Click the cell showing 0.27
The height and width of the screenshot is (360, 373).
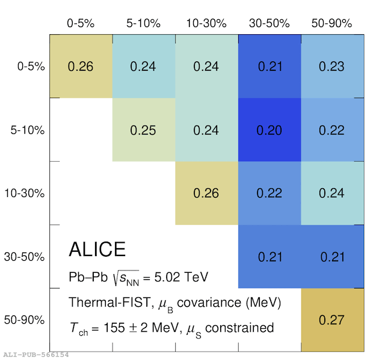click(332, 320)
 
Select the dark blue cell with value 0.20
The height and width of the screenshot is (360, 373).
click(270, 130)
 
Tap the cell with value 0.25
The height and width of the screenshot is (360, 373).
click(144, 130)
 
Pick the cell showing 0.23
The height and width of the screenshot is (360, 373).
click(332, 66)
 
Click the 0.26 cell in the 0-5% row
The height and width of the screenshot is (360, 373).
click(81, 66)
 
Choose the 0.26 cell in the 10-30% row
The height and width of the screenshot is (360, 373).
click(207, 193)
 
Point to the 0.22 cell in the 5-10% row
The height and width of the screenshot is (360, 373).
click(332, 130)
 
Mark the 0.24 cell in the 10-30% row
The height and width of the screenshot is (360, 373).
click(332, 193)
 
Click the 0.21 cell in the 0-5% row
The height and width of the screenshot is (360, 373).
click(270, 66)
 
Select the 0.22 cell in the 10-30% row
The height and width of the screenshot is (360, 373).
click(270, 193)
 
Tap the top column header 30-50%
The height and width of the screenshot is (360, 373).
click(270, 23)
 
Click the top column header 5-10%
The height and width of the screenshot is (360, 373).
click(143, 23)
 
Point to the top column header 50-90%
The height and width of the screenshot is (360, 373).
click(332, 23)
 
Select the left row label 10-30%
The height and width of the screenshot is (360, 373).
click(25, 193)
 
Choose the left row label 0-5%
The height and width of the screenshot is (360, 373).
click(31, 66)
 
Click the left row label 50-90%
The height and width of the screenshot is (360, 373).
click(24, 320)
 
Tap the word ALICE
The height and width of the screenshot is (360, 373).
click(97, 249)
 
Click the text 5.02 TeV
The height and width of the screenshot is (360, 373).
click(181, 277)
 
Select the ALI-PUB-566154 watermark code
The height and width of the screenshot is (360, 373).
click(36, 355)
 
